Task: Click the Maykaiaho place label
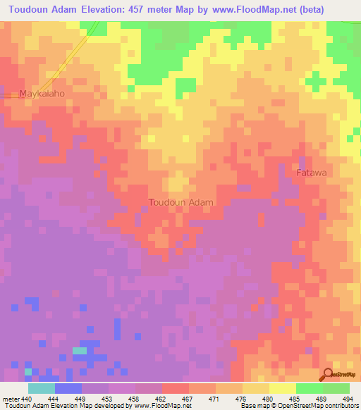tap(42, 93)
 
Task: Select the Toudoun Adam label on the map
tap(180, 202)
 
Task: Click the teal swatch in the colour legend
tap(42, 388)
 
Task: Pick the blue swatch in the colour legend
tap(68, 388)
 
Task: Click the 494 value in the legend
tap(348, 399)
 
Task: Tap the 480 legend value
tap(269, 399)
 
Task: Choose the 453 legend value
tap(108, 399)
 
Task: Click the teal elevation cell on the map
tap(80, 350)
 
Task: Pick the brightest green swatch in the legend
tap(310, 388)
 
